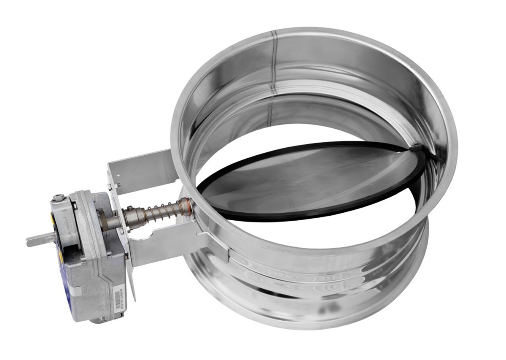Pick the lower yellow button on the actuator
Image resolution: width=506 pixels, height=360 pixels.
point(62,256)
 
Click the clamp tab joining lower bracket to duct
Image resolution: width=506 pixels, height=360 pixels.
point(215,245)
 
